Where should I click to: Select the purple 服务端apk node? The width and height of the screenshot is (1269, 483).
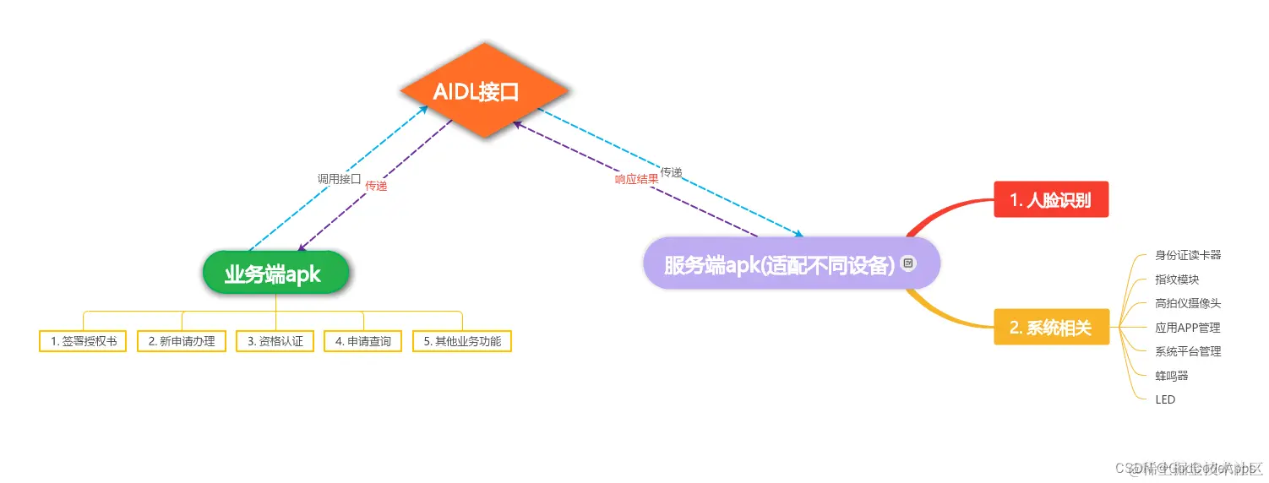point(791,263)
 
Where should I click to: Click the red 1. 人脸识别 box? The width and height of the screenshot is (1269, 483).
point(1050,200)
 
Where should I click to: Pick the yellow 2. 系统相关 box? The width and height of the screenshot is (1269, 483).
point(1050,328)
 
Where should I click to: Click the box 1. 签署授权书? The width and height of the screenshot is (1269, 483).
point(83,341)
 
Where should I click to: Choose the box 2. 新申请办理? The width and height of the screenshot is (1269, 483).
point(182,341)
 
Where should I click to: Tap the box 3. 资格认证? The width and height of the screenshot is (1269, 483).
point(275,341)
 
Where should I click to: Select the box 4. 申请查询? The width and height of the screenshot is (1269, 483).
point(363,341)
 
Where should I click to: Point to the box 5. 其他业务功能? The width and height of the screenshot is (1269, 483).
point(462,341)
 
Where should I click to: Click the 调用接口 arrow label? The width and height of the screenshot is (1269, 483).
point(339,179)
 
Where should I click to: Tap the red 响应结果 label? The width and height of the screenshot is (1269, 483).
point(636,180)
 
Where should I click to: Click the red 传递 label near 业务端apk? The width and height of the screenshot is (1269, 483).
point(376,186)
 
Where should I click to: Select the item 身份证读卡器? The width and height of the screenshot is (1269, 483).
point(1188,255)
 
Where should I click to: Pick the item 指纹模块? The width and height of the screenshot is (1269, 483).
point(1177,279)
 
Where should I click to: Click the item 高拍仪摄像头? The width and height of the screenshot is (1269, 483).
point(1188,303)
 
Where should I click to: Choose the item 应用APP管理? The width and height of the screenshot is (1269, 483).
point(1187,328)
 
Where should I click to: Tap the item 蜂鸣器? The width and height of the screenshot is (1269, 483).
point(1171,375)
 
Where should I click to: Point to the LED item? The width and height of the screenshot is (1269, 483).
point(1165,399)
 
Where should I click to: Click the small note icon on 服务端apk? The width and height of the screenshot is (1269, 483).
point(908,263)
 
